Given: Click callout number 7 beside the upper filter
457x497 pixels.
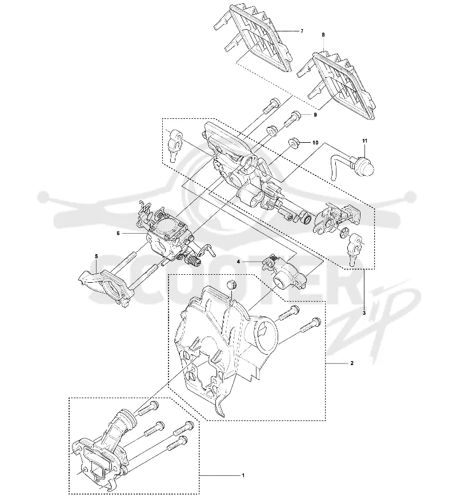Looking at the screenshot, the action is pos(302,31).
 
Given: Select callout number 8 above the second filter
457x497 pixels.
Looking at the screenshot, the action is pos(323,35).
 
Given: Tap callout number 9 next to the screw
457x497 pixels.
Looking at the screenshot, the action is pos(315,115).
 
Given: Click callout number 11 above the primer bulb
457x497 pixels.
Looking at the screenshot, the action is pos(365,141).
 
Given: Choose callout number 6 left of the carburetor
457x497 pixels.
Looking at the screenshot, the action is pos(118,233).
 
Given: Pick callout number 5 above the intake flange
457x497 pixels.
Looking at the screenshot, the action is pos(97,256).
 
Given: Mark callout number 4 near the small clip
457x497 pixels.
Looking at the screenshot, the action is pos(238,262).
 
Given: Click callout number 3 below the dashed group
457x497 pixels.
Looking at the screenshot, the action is pos(364,313).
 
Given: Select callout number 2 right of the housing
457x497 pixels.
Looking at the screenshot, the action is pos(352,363).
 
